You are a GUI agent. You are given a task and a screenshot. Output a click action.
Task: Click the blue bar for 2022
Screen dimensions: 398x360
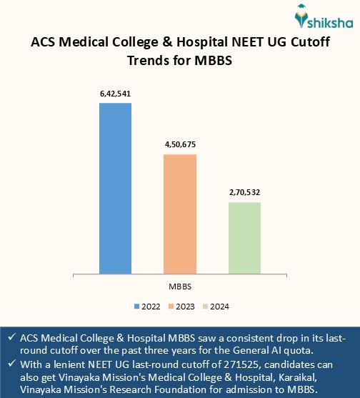(115, 188)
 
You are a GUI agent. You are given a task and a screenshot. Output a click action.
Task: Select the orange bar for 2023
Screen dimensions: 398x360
(180, 214)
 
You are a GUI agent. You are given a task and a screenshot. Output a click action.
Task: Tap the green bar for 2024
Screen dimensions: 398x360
(244, 237)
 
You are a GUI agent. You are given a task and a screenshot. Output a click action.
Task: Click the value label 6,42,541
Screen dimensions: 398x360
(115, 94)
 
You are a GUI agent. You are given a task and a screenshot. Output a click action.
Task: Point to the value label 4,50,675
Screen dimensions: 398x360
(180, 144)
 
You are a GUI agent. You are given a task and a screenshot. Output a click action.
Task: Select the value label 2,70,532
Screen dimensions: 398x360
(244, 193)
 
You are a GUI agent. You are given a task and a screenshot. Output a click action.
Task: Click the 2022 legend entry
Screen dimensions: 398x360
(146, 307)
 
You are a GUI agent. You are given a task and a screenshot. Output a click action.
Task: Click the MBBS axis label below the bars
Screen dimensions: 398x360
(179, 286)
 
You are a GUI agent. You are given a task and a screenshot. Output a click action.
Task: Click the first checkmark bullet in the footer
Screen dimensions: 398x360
(11, 337)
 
